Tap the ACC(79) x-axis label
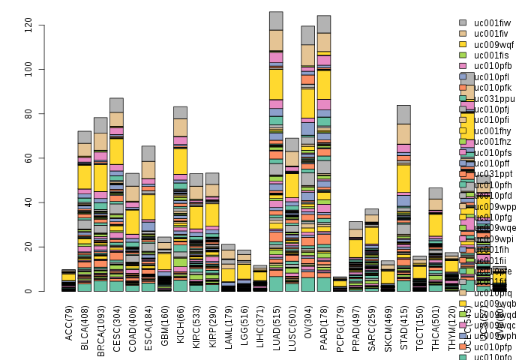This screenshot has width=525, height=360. [68, 319]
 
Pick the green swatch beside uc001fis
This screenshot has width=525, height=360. [463, 55]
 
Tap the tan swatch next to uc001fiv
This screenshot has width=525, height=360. [463, 34]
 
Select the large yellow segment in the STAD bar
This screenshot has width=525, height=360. [403, 178]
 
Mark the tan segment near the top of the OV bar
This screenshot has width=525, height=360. [308, 55]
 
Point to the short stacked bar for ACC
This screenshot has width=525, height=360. [68, 280]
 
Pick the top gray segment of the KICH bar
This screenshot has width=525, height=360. [180, 112]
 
